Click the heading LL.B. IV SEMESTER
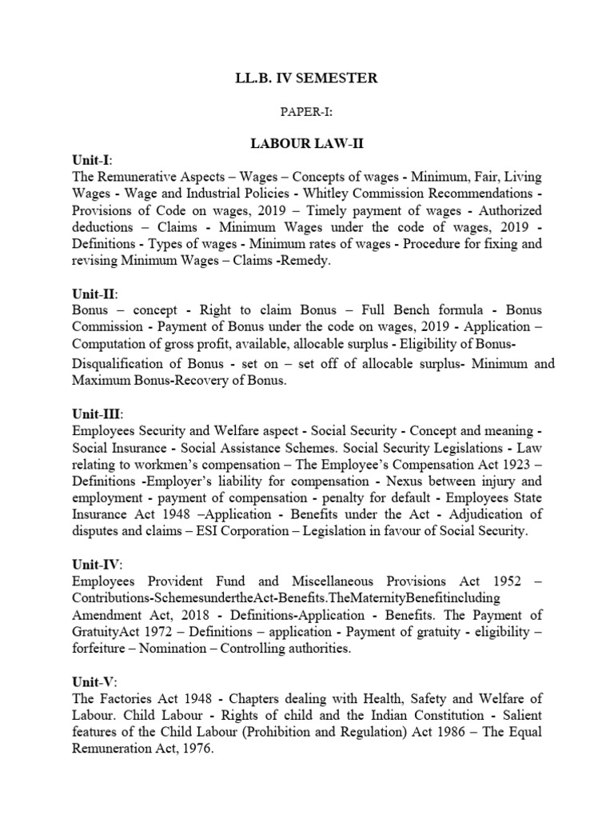(x=306, y=78)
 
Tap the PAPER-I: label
(x=306, y=114)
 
